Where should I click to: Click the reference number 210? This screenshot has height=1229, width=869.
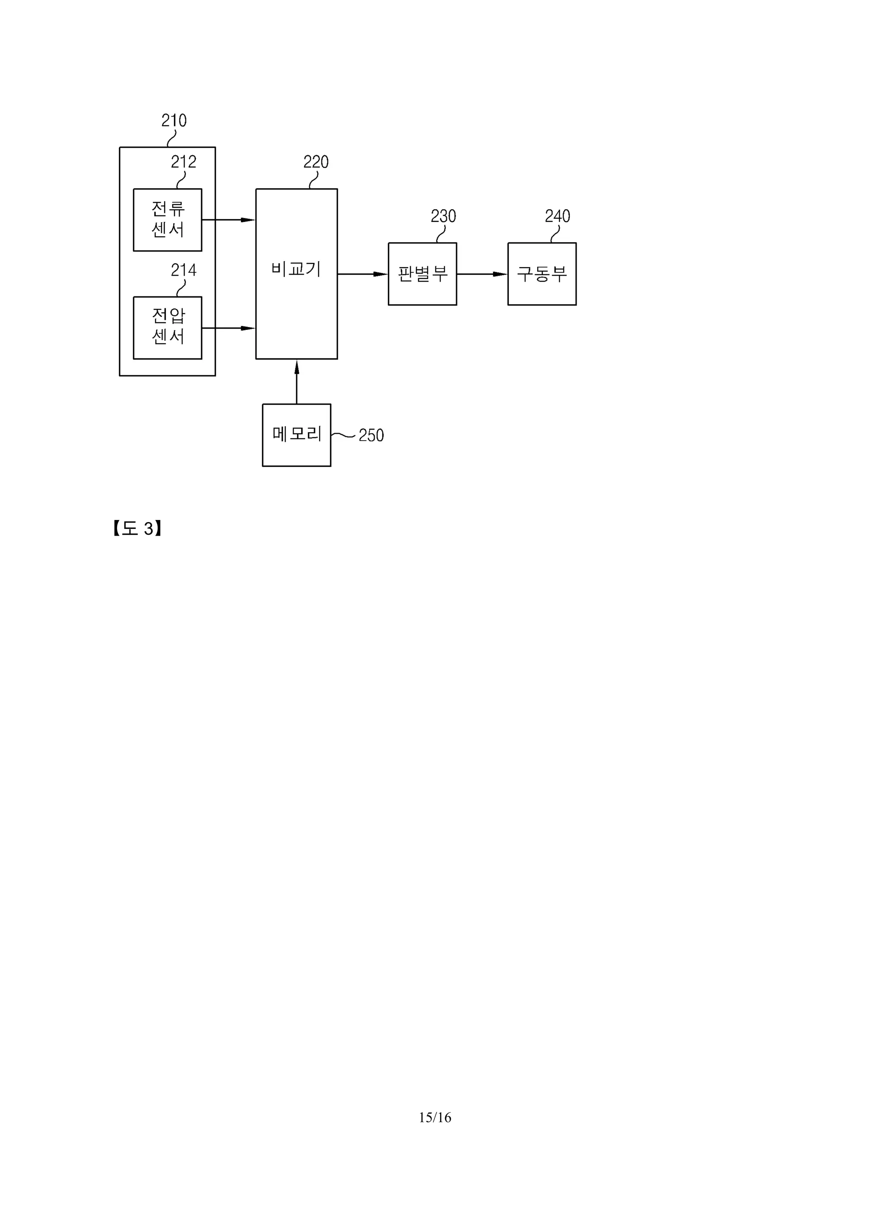click(x=174, y=120)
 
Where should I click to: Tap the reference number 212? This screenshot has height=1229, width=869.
click(x=184, y=162)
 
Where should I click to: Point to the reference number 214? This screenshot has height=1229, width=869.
click(x=184, y=270)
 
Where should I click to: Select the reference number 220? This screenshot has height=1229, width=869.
click(x=316, y=162)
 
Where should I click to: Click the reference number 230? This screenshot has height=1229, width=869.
click(x=443, y=216)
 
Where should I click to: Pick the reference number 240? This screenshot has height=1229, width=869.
click(x=558, y=216)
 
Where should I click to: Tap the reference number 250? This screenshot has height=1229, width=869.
click(x=371, y=435)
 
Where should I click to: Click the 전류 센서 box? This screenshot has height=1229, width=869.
click(x=168, y=220)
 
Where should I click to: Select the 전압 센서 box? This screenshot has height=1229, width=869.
click(x=168, y=327)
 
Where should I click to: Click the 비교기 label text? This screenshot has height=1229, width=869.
click(x=296, y=269)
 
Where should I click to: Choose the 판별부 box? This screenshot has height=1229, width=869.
click(x=423, y=274)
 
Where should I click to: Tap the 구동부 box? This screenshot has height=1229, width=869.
click(x=542, y=274)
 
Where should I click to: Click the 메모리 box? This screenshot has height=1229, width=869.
click(x=297, y=435)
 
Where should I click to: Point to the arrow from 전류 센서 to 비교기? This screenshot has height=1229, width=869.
click(x=229, y=220)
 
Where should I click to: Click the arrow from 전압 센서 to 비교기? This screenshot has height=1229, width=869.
click(x=229, y=327)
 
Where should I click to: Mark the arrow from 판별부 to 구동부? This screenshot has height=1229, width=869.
click(x=482, y=274)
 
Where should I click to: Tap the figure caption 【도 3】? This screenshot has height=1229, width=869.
click(x=137, y=529)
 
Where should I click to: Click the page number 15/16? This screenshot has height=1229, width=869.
click(x=435, y=1117)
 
